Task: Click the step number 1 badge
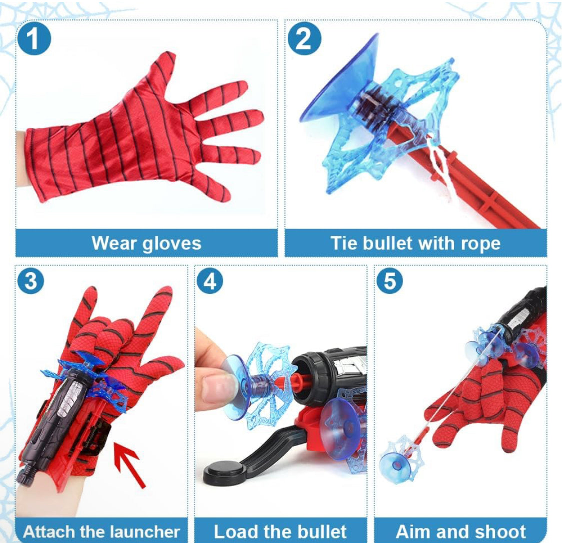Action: pyautogui.click(x=33, y=39)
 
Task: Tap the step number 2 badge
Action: pyautogui.click(x=304, y=39)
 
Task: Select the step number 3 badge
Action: pyautogui.click(x=31, y=280)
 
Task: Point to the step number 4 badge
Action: pyautogui.click(x=210, y=280)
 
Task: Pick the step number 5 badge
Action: pyautogui.click(x=390, y=280)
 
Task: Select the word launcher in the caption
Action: pyautogui.click(x=144, y=532)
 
